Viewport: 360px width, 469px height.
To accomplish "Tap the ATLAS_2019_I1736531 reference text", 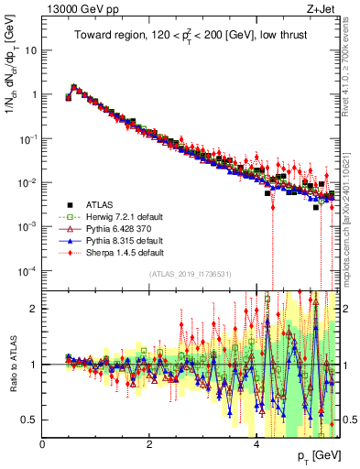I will click(x=190, y=274).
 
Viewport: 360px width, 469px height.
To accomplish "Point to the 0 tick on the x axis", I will click(x=42, y=444).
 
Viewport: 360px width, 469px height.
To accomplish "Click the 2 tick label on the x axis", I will click(x=149, y=444).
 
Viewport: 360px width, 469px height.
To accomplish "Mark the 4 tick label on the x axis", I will click(x=256, y=444).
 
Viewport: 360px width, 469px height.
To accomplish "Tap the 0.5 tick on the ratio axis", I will click(x=31, y=420).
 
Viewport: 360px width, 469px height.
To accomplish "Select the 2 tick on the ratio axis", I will click(x=35, y=309).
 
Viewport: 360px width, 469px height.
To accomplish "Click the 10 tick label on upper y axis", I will click(x=31, y=49).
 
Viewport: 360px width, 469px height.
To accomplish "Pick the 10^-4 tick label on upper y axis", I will click(x=27, y=270).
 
